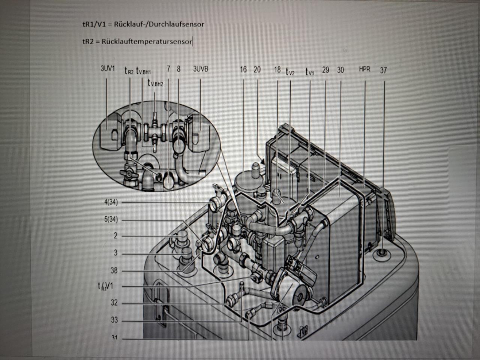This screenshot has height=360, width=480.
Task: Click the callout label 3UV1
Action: click(108, 69)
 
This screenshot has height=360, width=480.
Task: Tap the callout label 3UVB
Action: click(201, 69)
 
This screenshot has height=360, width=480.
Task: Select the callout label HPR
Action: click(364, 69)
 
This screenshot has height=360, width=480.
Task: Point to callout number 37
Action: click(383, 70)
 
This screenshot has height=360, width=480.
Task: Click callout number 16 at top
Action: click(243, 69)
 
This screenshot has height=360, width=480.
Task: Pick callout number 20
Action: click(257, 69)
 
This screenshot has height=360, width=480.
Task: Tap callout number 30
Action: click(340, 70)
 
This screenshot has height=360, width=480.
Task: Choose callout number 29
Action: click(325, 70)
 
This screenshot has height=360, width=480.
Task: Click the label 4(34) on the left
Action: click(111, 202)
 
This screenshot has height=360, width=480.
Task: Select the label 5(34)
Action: click(111, 219)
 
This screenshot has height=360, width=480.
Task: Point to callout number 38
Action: click(114, 270)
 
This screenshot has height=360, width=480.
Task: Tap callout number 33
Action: click(114, 320)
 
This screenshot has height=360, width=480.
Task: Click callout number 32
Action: click(114, 303)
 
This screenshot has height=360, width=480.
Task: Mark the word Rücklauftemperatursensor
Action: click(147, 41)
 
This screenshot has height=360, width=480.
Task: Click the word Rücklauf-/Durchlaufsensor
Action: click(159, 24)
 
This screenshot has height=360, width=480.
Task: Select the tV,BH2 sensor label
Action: click(156, 83)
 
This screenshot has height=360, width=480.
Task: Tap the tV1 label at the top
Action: click(309, 71)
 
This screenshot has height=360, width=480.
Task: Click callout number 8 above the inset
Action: click(178, 69)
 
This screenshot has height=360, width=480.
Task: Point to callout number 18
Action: click(277, 69)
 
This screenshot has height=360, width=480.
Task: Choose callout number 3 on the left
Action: click(115, 253)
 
